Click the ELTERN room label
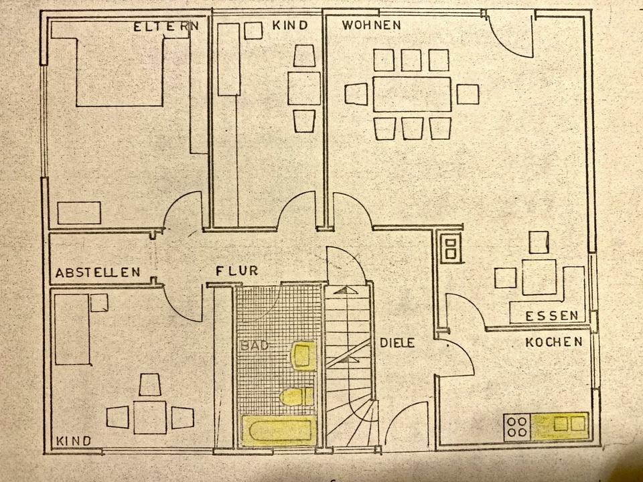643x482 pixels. pyautogui.click(x=166, y=27)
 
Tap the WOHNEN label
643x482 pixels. pyautogui.click(x=371, y=25)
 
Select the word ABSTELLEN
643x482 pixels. pyautogui.click(x=98, y=272)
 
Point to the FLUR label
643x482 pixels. pyautogui.click(x=237, y=271)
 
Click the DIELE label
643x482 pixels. pyautogui.click(x=398, y=343)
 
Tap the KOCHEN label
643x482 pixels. pyautogui.click(x=553, y=342)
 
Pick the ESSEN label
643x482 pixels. pyautogui.click(x=552, y=316)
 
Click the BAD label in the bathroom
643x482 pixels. pyautogui.click(x=255, y=346)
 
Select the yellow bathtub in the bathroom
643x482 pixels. pyautogui.click(x=279, y=430)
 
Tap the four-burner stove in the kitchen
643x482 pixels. pyautogui.click(x=517, y=427)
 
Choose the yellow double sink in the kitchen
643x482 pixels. pyautogui.click(x=561, y=424)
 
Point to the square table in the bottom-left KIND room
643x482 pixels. pyautogui.click(x=149, y=416)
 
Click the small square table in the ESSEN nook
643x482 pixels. pyautogui.click(x=541, y=276)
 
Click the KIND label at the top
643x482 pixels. pyautogui.click(x=290, y=25)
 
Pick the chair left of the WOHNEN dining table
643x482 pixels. pyautogui.click(x=356, y=94)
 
